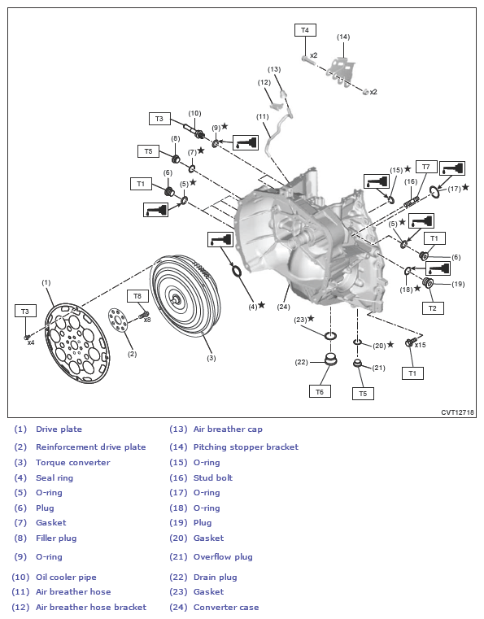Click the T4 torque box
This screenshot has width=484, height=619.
click(305, 30)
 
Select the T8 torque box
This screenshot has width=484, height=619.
click(137, 296)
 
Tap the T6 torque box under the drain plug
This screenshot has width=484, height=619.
click(320, 391)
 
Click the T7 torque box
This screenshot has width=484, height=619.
click(426, 167)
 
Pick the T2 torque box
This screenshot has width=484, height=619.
click(433, 308)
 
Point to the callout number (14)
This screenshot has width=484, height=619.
click(343, 37)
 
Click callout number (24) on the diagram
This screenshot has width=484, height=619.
click(283, 307)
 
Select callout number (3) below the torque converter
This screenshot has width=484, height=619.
click(211, 358)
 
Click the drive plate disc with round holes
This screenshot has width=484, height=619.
click(77, 343)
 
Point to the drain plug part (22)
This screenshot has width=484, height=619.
click(330, 360)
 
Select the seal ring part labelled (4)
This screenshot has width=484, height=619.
click(237, 271)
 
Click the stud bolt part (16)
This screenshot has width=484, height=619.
click(412, 202)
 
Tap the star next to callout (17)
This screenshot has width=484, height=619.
click(465, 187)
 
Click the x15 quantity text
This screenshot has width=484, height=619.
click(421, 345)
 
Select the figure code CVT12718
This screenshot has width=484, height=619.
click(457, 412)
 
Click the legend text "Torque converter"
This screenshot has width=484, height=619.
click(73, 462)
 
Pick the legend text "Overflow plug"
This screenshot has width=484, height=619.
click(223, 556)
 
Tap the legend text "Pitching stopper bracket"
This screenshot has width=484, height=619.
click(246, 447)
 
